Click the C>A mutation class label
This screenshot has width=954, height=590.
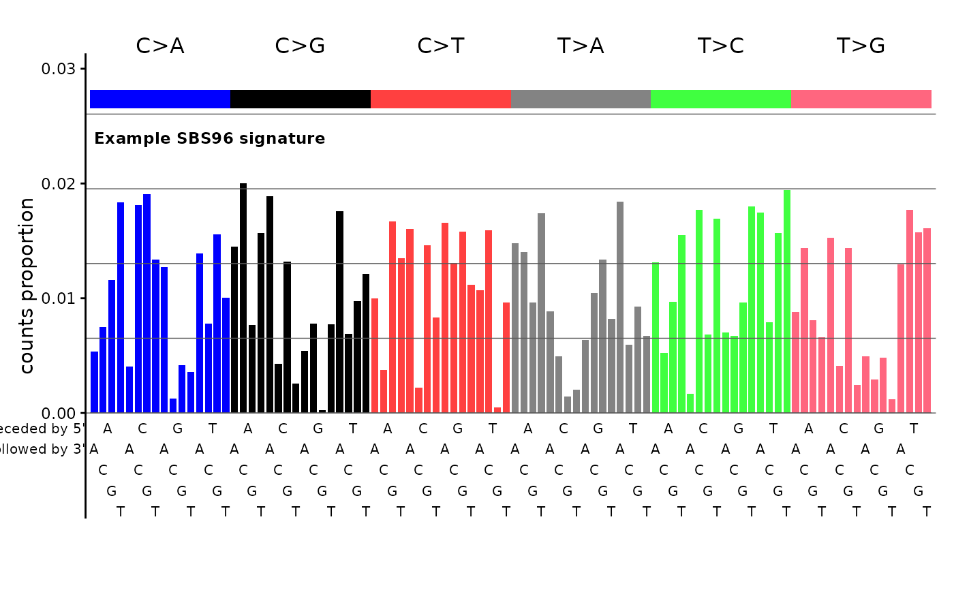coord(160,46)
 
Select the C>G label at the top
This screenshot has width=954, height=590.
coord(300,46)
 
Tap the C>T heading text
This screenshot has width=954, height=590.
coord(441,46)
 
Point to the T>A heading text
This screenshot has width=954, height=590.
coord(581,46)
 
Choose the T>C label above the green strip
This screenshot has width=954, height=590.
coord(721,46)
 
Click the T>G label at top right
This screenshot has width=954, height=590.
coord(861,46)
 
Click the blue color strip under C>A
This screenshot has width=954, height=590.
coord(160,99)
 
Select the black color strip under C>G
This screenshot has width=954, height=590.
coord(300,99)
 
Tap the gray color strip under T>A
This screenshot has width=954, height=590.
coord(581,99)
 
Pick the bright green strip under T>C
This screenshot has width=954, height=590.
coord(721,99)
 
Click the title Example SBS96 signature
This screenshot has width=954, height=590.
coord(209,139)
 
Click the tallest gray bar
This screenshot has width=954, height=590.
coord(620,307)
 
